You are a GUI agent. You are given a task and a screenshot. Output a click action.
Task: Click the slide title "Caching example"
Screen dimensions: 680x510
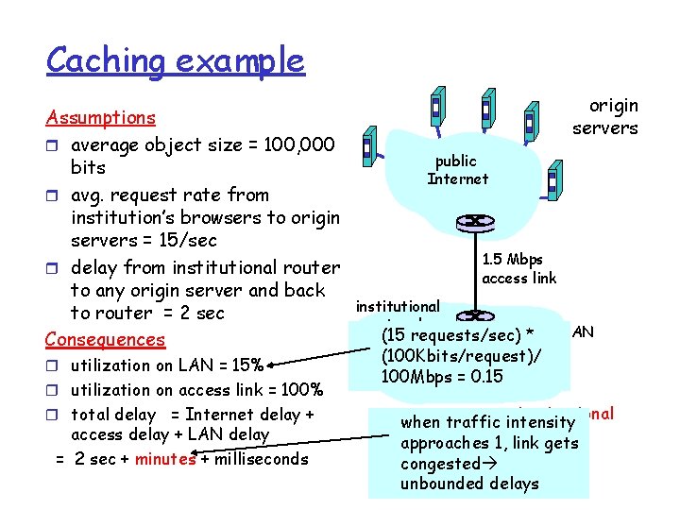(x=175, y=60)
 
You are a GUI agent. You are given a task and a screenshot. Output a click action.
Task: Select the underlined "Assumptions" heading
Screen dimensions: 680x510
(x=101, y=118)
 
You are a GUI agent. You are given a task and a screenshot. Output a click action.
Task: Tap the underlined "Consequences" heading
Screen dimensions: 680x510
(x=106, y=339)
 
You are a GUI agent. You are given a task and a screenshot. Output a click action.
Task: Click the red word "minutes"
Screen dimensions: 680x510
(x=165, y=459)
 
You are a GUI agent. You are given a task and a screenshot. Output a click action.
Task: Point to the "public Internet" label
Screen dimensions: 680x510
(x=458, y=170)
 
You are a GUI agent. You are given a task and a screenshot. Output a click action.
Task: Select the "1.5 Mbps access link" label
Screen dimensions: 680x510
(x=518, y=269)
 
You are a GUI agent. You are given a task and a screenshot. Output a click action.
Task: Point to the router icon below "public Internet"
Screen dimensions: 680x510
(x=469, y=223)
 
